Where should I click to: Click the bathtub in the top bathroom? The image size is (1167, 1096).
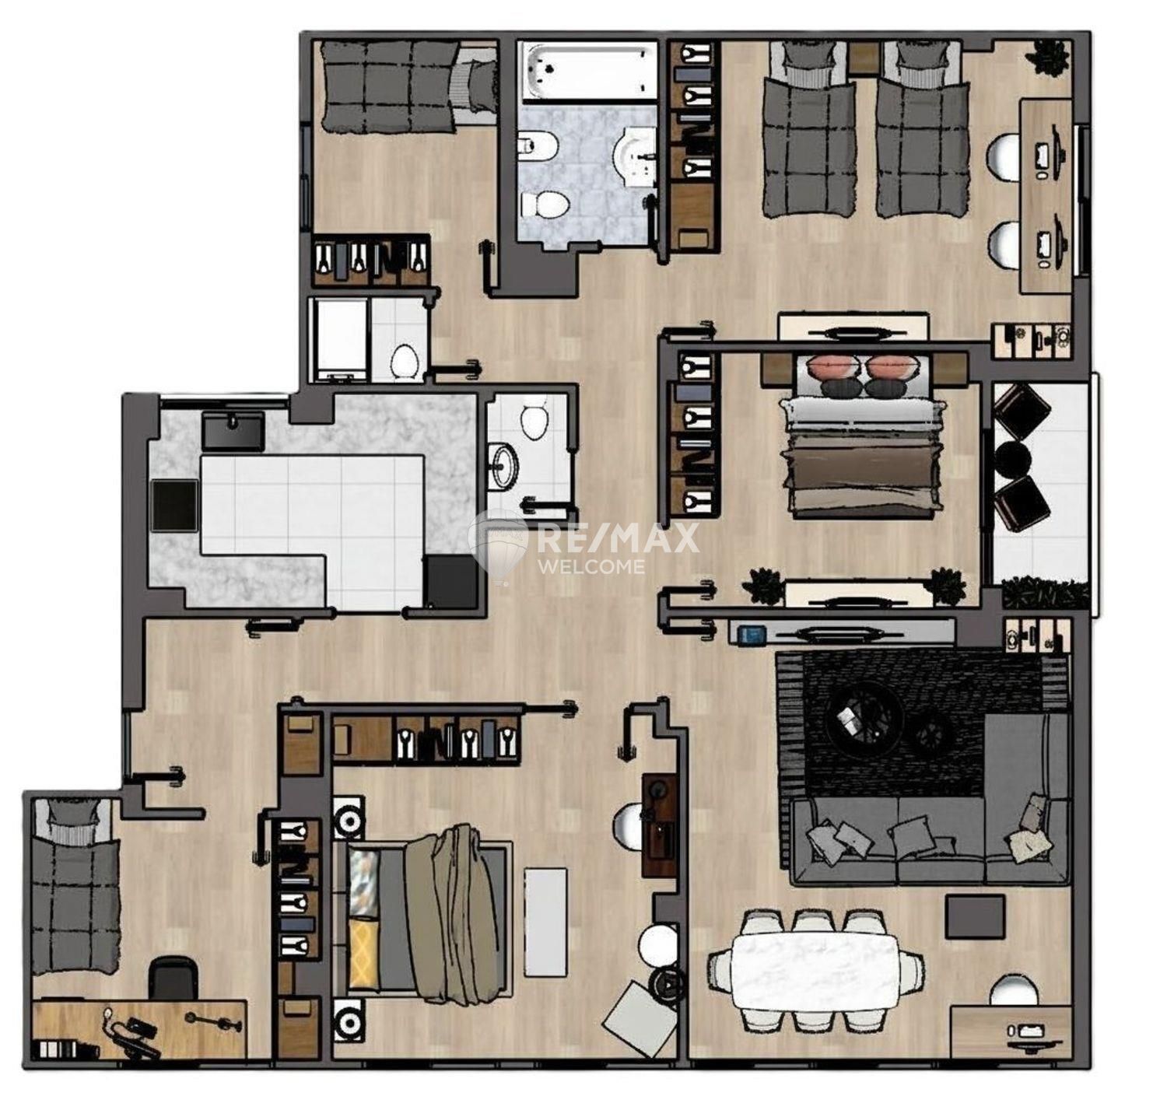(588, 71)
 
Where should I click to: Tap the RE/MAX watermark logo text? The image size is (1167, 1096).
(618, 537)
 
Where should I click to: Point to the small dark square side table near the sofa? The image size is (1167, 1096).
(975, 917)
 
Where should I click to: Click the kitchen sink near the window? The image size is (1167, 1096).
(233, 431)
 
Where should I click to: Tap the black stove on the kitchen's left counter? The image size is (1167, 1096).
(174, 506)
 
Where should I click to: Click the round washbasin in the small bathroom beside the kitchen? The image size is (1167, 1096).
(503, 466)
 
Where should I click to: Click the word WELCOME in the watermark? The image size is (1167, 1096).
(592, 566)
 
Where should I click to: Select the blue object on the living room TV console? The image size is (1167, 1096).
(751, 634)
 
